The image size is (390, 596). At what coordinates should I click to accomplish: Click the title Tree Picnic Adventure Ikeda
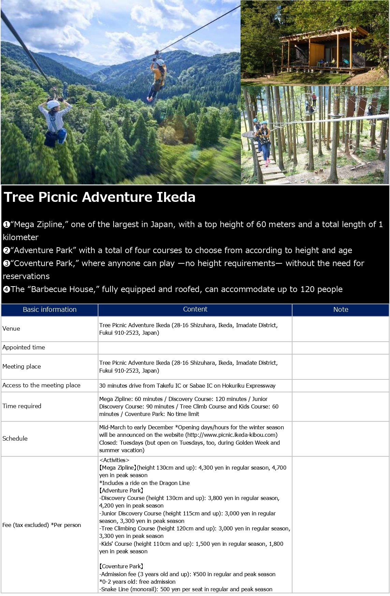99,197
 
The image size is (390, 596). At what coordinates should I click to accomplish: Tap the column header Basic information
49,309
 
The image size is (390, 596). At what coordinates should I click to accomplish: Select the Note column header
341,309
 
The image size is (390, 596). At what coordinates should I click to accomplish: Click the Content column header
195,309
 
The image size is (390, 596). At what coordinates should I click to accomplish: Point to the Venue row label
11,329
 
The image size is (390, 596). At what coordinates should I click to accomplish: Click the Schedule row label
15,439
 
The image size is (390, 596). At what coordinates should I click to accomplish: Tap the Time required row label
22,406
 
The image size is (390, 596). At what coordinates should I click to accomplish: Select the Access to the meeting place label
41,385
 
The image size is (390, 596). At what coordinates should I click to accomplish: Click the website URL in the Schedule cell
231,435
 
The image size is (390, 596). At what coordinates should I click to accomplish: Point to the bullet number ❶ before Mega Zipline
6,225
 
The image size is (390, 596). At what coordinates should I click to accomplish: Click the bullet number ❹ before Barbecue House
6,290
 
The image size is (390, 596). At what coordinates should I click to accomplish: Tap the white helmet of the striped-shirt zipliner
53,104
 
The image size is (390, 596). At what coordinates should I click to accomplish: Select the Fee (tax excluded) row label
42,525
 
